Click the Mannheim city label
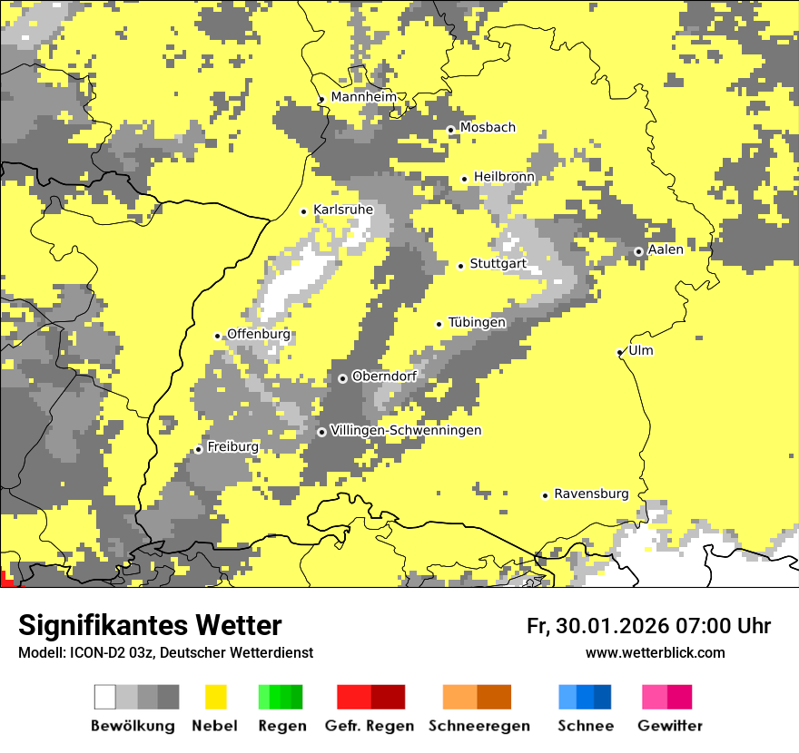tap(363, 97)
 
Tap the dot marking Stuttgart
tap(461, 266)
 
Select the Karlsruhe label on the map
tap(343, 210)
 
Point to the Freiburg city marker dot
tap(199, 450)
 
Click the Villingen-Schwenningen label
tap(406, 430)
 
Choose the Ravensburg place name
tap(591, 494)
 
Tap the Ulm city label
tap(641, 350)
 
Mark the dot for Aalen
tap(639, 252)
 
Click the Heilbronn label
tap(504, 176)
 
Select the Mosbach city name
tap(488, 127)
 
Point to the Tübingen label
tap(477, 322)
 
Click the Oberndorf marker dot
tap(342, 378)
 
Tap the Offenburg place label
tap(259, 334)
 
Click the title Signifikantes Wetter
tap(150, 625)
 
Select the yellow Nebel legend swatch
tap(216, 697)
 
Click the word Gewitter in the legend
tap(670, 726)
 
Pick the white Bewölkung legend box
tap(105, 697)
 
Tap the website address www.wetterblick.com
tap(655, 652)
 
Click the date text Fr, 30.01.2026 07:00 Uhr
tap(648, 626)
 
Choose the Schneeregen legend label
tap(479, 726)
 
